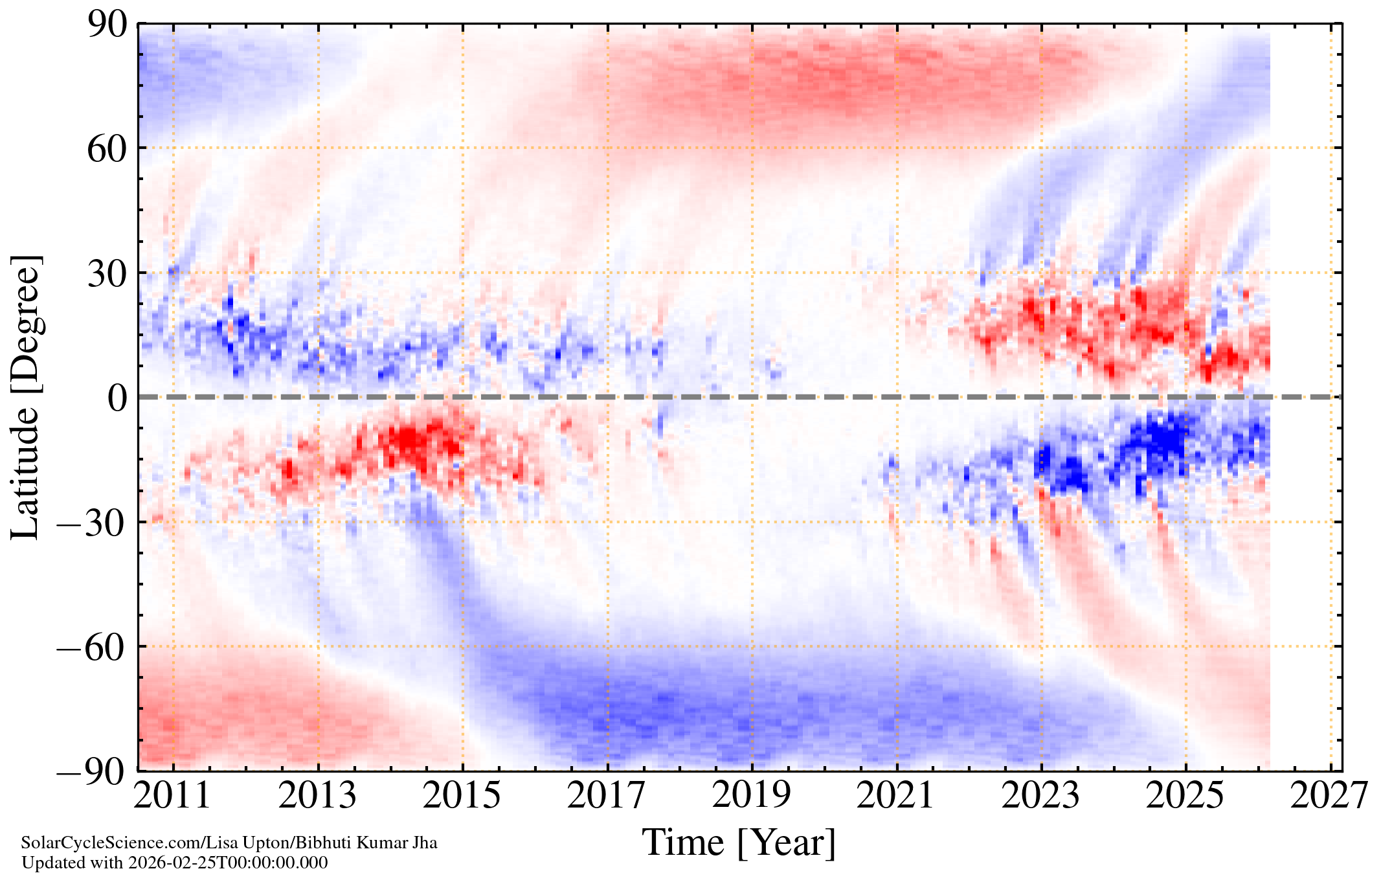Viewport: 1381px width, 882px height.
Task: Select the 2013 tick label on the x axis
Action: click(317, 796)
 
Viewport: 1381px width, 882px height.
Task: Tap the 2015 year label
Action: click(462, 796)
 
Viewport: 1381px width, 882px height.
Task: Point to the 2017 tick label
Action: click(607, 796)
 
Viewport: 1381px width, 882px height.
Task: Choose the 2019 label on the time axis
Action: click(752, 796)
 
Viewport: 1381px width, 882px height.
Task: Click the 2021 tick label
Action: click(896, 796)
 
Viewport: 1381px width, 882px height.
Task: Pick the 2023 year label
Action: click(1041, 796)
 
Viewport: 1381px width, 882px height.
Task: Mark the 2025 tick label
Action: click(1185, 796)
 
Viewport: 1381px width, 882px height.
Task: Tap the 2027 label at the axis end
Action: click(1330, 796)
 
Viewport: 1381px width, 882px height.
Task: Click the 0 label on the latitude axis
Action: click(117, 398)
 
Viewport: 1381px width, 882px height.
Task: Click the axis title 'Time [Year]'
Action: click(739, 842)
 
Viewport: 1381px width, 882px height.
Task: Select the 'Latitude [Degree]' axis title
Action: click(26, 397)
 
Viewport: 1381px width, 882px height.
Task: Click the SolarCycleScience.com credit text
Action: click(229, 842)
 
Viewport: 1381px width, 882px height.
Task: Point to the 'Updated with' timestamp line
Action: click(175, 863)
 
